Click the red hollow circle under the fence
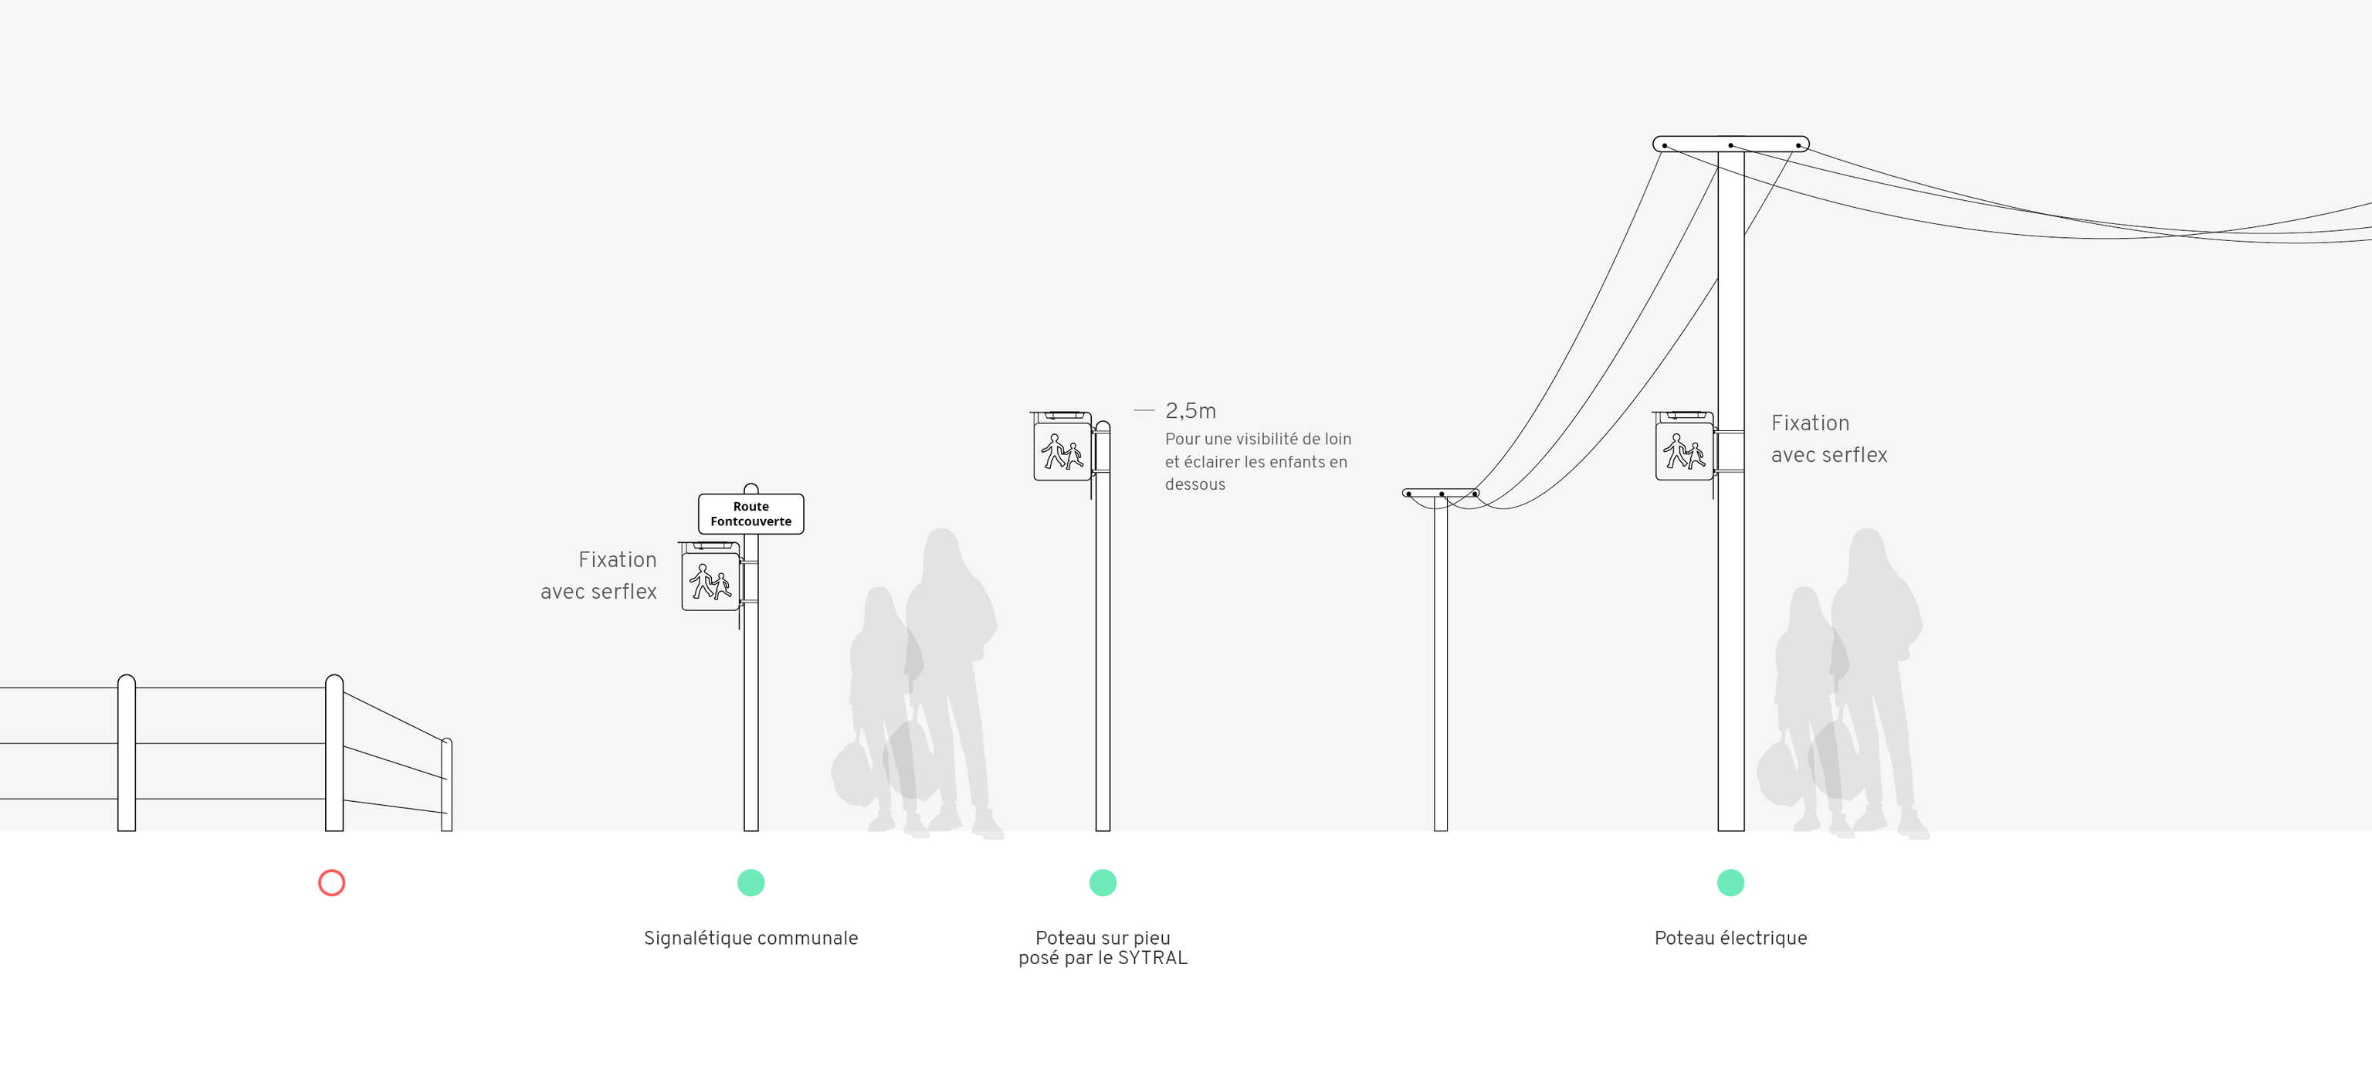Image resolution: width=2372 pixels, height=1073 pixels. point(331,882)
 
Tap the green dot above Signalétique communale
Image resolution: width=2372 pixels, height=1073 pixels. point(751,882)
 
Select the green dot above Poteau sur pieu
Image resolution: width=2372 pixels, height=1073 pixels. point(1102,882)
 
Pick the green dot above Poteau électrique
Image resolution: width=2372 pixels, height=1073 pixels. point(1730,882)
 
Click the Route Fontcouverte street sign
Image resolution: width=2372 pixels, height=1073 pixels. point(751,514)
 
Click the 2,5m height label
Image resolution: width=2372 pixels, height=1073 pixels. point(1191,411)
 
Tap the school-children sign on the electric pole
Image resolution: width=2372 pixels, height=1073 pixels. point(1684,451)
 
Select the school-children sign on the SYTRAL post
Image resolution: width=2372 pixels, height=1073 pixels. point(1062,451)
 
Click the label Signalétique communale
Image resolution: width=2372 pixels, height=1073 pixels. point(751,938)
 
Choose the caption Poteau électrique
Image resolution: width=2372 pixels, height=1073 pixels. point(1730,938)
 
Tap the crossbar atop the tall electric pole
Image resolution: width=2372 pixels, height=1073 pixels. point(1730,144)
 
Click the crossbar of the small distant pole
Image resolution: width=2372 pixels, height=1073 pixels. point(1440,494)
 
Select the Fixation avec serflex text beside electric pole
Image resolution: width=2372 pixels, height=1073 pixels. point(1828,439)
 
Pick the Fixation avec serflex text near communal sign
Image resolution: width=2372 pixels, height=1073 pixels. point(599,575)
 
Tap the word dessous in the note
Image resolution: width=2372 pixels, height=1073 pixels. point(1194,484)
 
